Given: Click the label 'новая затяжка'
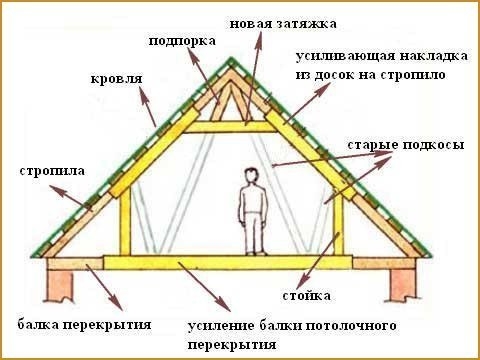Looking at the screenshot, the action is pos(283,24).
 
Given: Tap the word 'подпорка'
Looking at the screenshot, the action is pos(182,42).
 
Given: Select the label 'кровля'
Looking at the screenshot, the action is pos(116,79).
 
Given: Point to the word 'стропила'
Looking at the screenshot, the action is pos(52,171).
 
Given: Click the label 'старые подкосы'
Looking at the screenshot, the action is pos(406,145).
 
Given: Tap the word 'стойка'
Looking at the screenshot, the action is pos(306,296).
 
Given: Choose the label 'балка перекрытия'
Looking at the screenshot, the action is pos(84,324).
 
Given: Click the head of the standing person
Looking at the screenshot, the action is pos(252,176).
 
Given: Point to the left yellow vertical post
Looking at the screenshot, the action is pos(125,224).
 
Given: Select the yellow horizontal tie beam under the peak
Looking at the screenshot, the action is pos(230,127).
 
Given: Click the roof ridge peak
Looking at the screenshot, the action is pos(230,59).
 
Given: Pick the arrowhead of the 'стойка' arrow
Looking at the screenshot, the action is pos(300,282).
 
